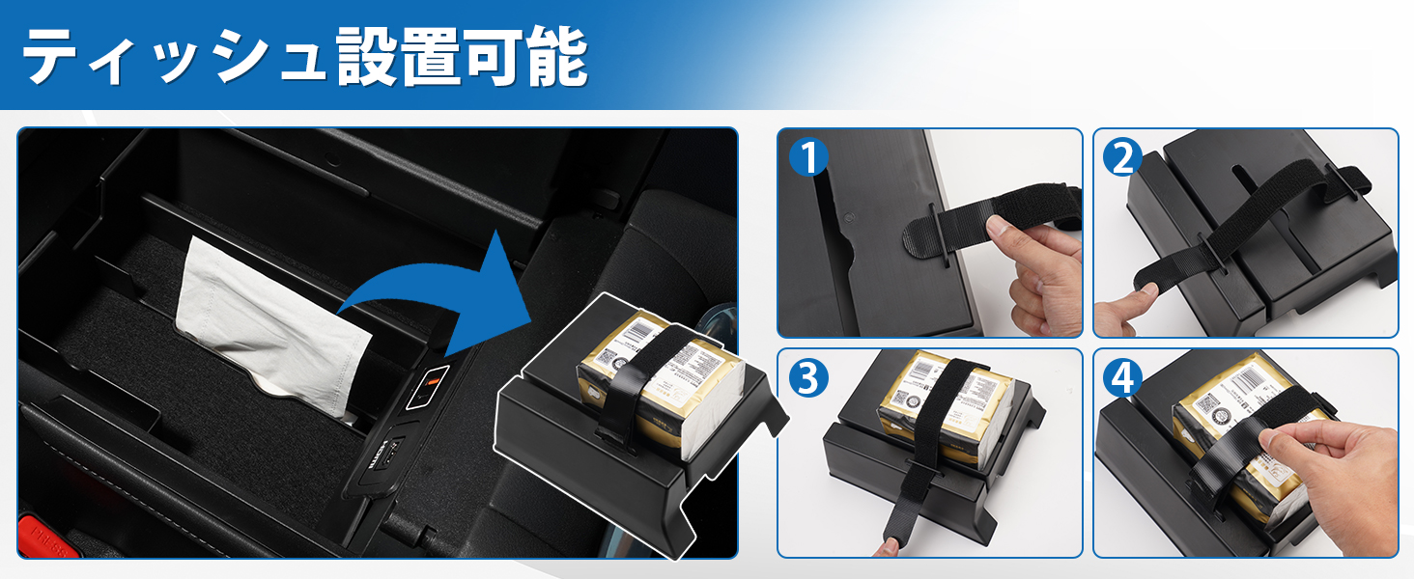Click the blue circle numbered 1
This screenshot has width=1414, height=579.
click(807, 157)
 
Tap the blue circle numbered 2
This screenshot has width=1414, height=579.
click(1121, 157)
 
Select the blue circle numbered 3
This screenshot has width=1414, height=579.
click(807, 378)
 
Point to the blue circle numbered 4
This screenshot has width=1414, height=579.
click(1121, 378)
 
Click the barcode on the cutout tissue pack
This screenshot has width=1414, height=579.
click(636, 334)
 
